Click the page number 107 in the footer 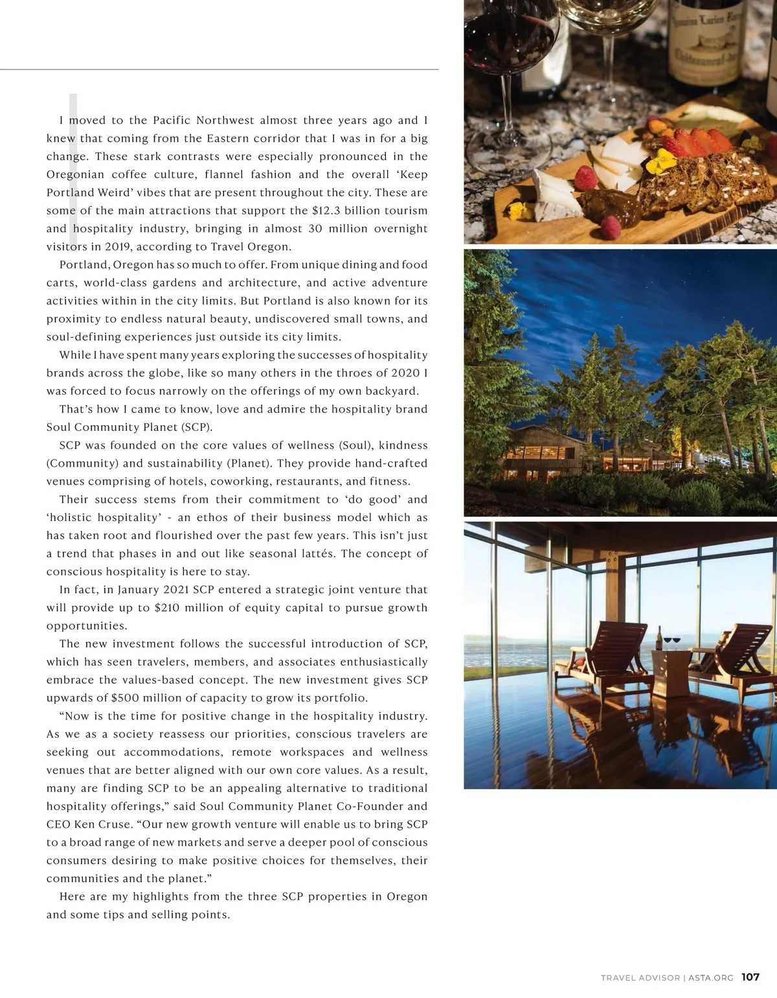coord(750,977)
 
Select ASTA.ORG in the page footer coord(711,978)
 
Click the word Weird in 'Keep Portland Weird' coord(114,192)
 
